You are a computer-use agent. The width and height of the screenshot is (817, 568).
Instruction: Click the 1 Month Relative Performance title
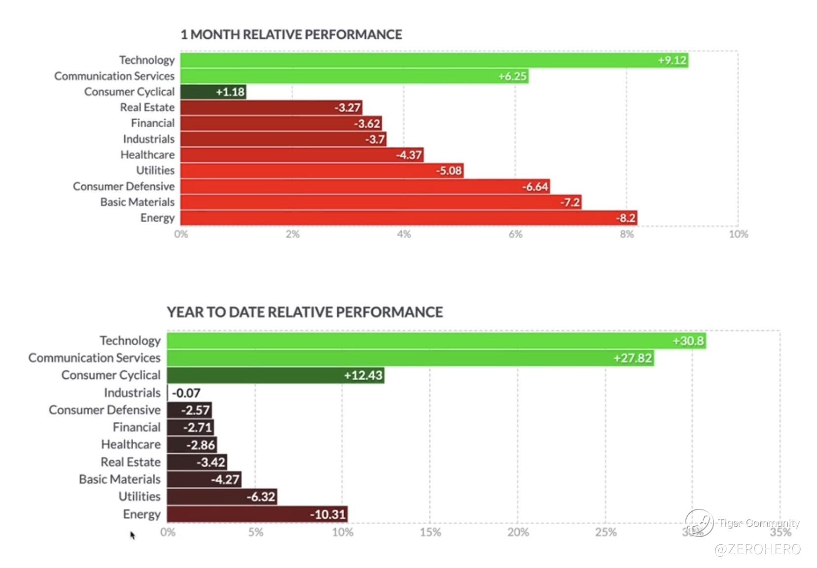291,34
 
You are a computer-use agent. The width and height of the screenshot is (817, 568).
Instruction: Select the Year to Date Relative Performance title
305,312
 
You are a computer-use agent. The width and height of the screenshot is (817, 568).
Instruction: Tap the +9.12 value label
672,60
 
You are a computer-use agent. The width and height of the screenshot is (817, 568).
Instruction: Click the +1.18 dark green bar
213,92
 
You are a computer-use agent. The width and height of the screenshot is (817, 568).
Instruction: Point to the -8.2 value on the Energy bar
626,218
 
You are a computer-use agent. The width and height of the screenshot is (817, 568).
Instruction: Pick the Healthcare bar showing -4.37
301,155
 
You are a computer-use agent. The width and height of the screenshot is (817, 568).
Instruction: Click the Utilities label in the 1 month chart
155,170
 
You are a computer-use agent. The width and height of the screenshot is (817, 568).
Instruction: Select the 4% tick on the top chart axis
404,234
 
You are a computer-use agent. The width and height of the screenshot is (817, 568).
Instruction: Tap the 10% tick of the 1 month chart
738,234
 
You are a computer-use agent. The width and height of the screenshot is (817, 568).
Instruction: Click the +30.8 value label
688,341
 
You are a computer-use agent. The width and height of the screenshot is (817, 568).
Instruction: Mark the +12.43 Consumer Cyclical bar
275,375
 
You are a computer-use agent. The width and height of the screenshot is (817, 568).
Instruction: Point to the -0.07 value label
186,393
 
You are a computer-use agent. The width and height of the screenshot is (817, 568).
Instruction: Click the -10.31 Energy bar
257,514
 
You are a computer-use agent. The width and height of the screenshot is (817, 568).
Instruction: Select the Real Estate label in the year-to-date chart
131,462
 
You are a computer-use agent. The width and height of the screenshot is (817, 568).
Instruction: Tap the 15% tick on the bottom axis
430,532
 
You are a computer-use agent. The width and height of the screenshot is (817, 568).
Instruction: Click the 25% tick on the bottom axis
605,532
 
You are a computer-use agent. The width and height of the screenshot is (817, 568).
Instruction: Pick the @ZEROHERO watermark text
757,549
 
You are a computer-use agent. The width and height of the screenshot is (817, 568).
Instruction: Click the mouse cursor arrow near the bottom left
132,535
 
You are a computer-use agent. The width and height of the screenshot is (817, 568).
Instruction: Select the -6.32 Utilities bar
221,497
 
